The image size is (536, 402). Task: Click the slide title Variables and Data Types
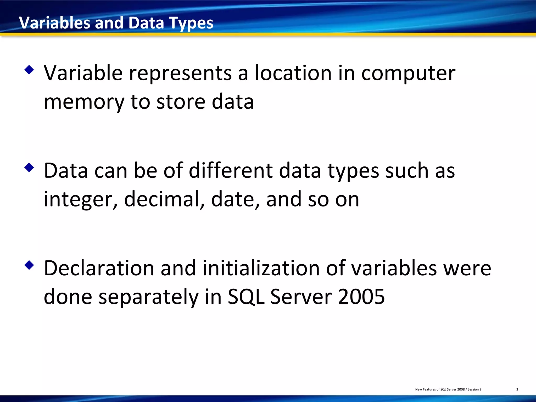(x=116, y=23)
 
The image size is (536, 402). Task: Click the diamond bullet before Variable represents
(x=29, y=70)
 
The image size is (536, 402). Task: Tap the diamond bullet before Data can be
(x=29, y=167)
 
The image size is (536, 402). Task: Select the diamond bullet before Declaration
(x=29, y=265)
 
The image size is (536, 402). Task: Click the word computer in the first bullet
(x=408, y=73)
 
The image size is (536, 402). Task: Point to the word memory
(x=84, y=102)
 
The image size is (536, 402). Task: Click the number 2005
(x=361, y=297)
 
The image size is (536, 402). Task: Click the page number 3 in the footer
(x=517, y=389)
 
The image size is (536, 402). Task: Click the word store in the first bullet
(x=181, y=102)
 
